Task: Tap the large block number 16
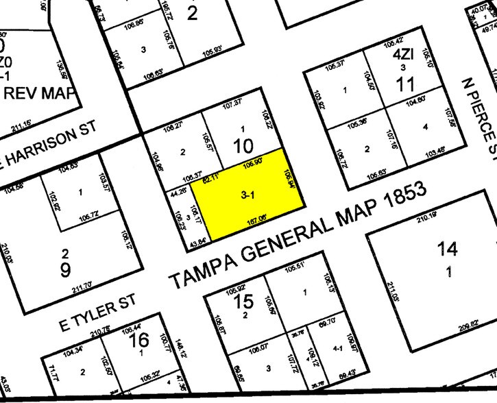[x=139, y=339]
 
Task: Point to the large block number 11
[x=406, y=84]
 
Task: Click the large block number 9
[x=65, y=269]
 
